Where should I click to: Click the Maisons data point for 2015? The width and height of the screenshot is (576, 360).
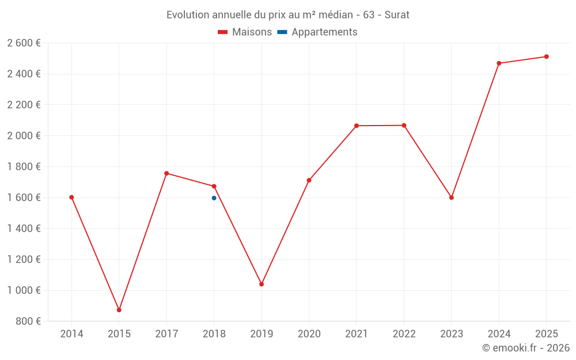(x=119, y=310)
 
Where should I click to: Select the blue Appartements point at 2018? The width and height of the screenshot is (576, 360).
(x=214, y=198)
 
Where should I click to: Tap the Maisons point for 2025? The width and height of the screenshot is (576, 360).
(x=547, y=56)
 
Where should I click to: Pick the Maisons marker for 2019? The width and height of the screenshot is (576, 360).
(x=262, y=284)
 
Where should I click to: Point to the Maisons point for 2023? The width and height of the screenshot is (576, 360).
(x=452, y=198)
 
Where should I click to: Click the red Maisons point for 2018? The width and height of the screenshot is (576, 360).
(x=214, y=186)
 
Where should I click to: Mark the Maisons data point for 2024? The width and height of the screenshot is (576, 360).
(x=499, y=63)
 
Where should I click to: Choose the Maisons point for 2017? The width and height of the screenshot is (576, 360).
(x=166, y=173)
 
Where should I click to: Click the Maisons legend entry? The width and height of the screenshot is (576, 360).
(x=245, y=32)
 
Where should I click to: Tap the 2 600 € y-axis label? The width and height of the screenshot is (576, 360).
(x=24, y=43)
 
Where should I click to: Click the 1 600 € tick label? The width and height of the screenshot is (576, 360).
(x=24, y=198)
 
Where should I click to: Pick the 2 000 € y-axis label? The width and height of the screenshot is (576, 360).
(x=24, y=136)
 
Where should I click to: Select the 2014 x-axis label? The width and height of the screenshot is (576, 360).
(x=71, y=334)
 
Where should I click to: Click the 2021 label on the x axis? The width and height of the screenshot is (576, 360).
(x=357, y=334)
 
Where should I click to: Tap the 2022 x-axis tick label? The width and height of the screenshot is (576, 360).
(x=404, y=334)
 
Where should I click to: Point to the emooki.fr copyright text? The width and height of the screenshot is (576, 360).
(x=526, y=348)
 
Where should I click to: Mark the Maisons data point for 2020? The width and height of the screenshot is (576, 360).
(x=309, y=180)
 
